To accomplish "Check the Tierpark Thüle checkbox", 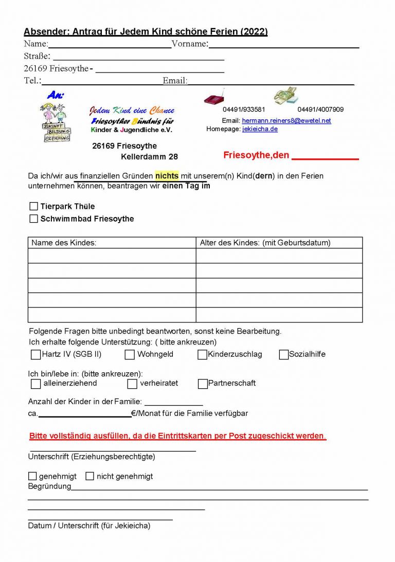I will [34, 206].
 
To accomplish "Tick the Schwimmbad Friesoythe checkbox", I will [34, 219].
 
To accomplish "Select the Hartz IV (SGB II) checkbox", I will [35, 354].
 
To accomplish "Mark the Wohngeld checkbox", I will [130, 354].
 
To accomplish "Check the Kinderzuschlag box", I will [202, 354].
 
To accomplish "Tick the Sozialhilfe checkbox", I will [283, 354].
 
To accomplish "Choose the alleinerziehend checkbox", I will [35, 384].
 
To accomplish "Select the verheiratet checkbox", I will [132, 384].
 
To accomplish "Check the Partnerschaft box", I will [203, 384].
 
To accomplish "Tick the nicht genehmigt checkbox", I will [89, 476].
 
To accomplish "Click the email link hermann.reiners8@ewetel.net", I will [286, 121].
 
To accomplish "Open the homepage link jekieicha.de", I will [260, 129].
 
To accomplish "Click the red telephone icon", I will [214, 97].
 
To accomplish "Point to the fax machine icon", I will [286, 96].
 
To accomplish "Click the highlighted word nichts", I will [167, 176].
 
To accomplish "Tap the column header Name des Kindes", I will [64, 243].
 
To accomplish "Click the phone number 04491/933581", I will [244, 110].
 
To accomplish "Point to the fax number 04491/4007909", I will [320, 110].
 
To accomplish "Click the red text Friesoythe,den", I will [256, 155].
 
